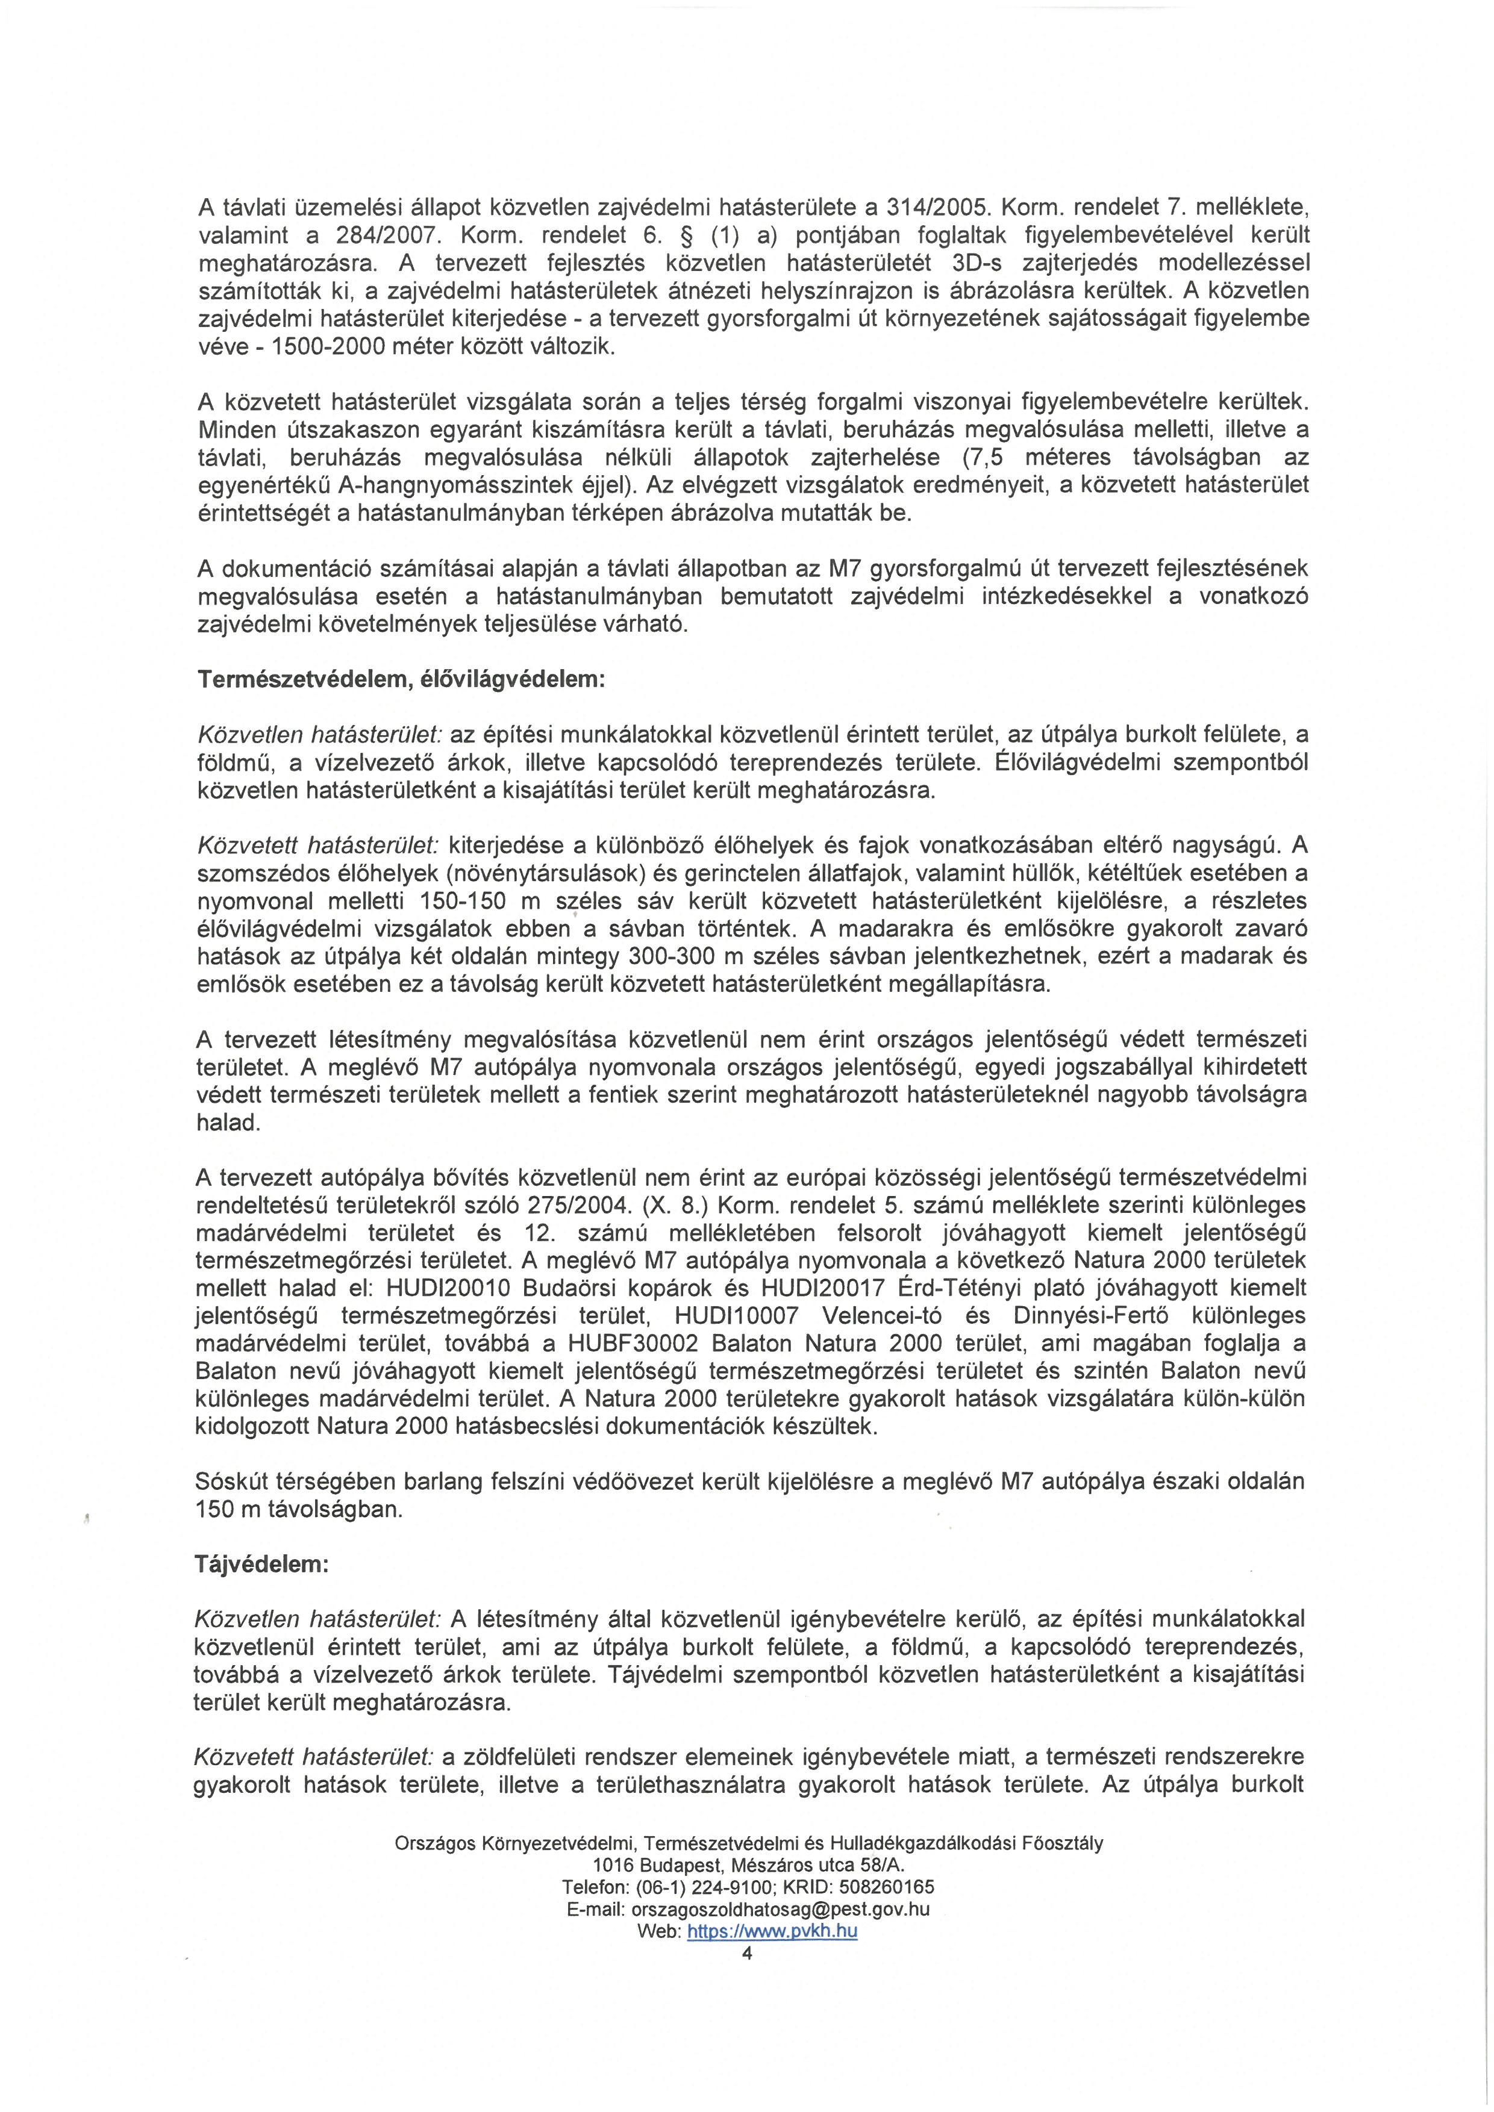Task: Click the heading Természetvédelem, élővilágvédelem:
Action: (x=401, y=680)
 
